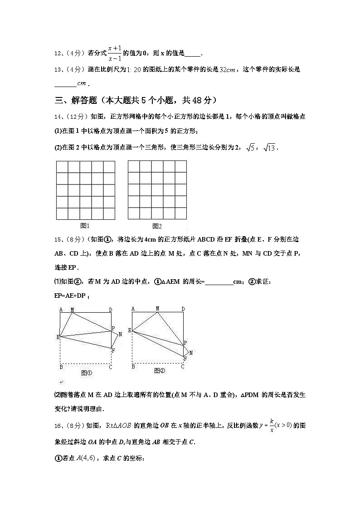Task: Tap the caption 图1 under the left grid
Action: pos(85,225)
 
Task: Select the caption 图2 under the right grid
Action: pos(157,226)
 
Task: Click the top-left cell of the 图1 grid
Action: pos(62,167)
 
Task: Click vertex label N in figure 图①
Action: pos(120,334)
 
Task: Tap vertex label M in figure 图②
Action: pos(157,309)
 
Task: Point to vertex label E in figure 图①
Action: pos(58,337)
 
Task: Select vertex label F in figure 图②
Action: pos(185,359)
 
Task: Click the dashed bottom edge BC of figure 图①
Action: pos(86,364)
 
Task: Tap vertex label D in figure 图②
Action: pos(183,309)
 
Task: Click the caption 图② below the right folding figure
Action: pos(159,371)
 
